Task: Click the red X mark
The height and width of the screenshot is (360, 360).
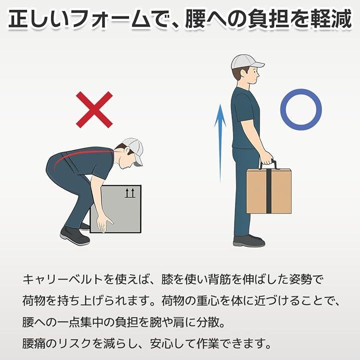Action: click(x=94, y=109)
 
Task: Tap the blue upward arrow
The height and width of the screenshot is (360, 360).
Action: click(x=220, y=143)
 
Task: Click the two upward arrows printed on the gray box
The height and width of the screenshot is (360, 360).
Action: click(x=130, y=193)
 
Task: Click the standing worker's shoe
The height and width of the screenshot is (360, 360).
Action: click(x=249, y=241)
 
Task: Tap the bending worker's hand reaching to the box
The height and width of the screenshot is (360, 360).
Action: click(x=104, y=224)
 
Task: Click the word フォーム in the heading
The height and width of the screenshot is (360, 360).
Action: click(x=112, y=19)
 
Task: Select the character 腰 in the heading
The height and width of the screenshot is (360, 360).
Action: click(x=195, y=19)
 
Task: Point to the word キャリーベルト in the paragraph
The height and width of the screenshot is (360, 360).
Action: click(x=62, y=279)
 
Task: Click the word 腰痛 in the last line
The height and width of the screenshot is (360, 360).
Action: click(x=33, y=343)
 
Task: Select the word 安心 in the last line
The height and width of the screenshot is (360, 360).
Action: click(x=161, y=343)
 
